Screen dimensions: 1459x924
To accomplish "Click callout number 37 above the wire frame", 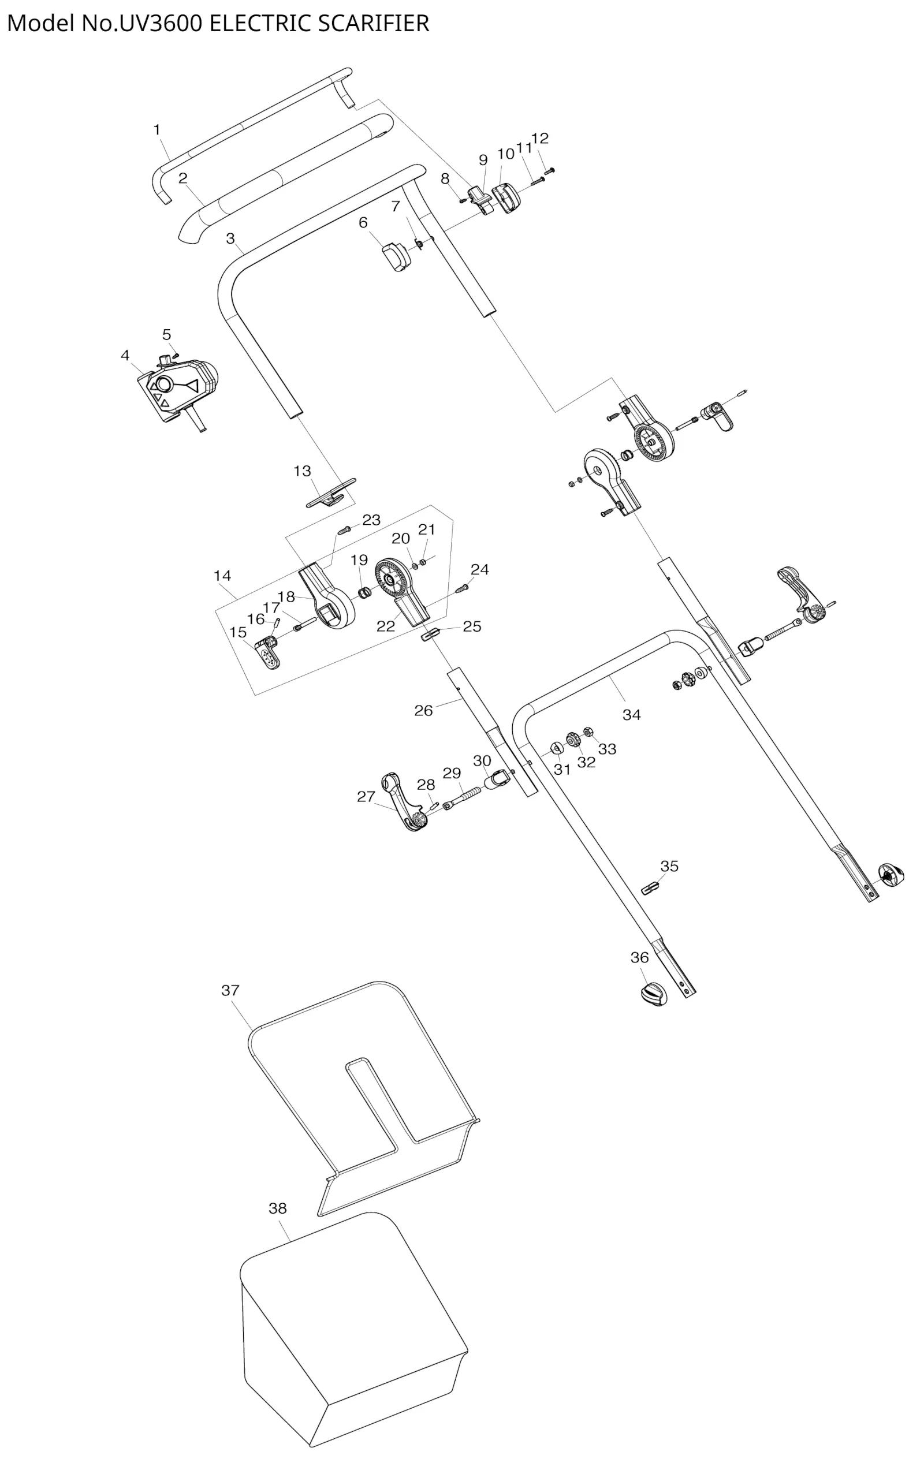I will [x=230, y=990].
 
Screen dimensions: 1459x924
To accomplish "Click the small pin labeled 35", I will [x=650, y=888].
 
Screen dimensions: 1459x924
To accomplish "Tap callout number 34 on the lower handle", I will [x=631, y=715].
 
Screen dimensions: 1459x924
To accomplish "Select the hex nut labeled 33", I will [x=588, y=731].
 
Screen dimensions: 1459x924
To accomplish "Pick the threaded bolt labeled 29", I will [x=467, y=796].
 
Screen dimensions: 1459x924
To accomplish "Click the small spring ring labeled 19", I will [x=364, y=591].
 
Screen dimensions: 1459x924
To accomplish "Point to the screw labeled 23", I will [x=344, y=530].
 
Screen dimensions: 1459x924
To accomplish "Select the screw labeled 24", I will [x=463, y=587].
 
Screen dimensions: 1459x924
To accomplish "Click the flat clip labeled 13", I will [x=331, y=494].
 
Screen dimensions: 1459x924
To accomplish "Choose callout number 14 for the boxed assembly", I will [x=222, y=576].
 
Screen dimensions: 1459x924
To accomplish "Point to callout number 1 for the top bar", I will [x=157, y=130].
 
